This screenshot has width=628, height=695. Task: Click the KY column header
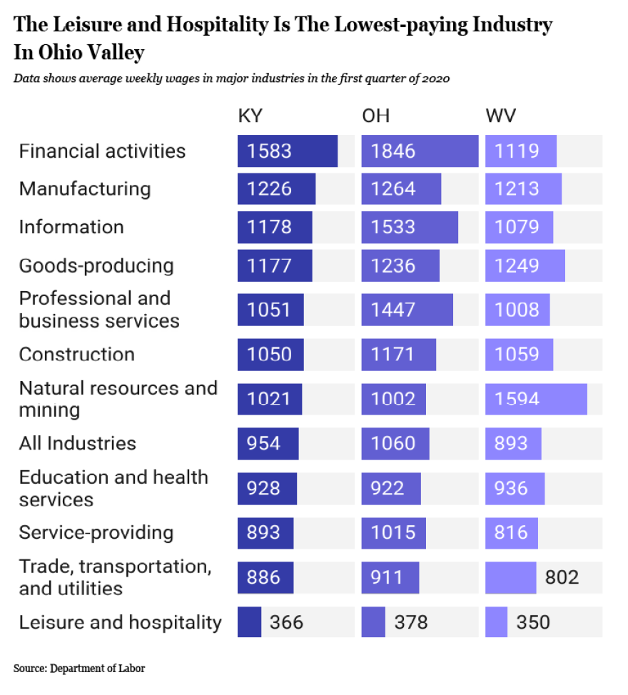click(x=250, y=116)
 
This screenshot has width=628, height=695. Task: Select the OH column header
click(x=376, y=116)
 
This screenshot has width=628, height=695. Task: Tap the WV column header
click(x=501, y=116)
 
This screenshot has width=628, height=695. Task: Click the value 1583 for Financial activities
click(x=269, y=151)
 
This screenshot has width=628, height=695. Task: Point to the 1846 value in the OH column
click(x=393, y=151)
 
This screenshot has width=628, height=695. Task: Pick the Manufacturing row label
click(x=86, y=189)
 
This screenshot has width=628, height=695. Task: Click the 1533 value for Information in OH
click(x=393, y=227)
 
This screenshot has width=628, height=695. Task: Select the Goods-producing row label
click(x=97, y=265)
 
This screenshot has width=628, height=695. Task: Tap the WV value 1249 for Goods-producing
click(x=517, y=265)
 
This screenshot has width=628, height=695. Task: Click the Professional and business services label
click(x=99, y=310)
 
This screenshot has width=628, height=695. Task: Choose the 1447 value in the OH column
click(x=393, y=310)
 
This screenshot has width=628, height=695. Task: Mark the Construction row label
click(x=78, y=355)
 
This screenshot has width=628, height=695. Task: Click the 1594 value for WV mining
click(x=517, y=399)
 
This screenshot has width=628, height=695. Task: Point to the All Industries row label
click(x=78, y=444)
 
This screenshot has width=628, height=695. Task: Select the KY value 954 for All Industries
click(x=263, y=444)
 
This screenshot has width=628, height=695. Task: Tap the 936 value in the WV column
click(x=511, y=489)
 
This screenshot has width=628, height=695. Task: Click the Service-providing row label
click(x=97, y=533)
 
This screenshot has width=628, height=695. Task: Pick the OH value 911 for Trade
click(x=387, y=577)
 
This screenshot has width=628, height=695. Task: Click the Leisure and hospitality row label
click(x=121, y=622)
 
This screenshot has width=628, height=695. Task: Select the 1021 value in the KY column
click(x=269, y=399)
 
